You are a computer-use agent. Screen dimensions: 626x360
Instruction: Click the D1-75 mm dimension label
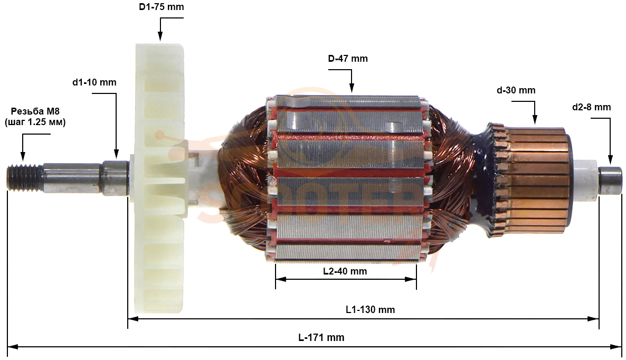pyautogui.click(x=162, y=7)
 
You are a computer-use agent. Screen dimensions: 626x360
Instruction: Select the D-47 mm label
pyautogui.click(x=348, y=59)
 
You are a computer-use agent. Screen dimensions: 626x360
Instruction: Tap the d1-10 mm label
pyautogui.click(x=94, y=83)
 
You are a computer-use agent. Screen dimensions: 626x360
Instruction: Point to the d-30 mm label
pyautogui.click(x=516, y=91)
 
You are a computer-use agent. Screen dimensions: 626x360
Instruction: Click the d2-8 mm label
pyautogui.click(x=591, y=107)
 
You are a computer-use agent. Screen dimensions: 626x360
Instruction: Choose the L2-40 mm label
pyautogui.click(x=345, y=271)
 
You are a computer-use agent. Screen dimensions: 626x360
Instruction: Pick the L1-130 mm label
pyautogui.click(x=370, y=310)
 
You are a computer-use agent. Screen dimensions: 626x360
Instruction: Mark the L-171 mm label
pyautogui.click(x=321, y=338)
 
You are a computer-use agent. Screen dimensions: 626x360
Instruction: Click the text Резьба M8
pyautogui.click(x=35, y=111)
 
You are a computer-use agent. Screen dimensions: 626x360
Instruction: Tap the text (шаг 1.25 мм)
pyautogui.click(x=35, y=122)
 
